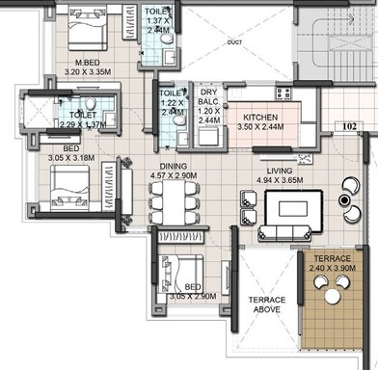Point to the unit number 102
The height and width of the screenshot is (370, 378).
click(348, 124)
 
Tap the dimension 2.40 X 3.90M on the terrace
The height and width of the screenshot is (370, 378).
click(334, 267)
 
